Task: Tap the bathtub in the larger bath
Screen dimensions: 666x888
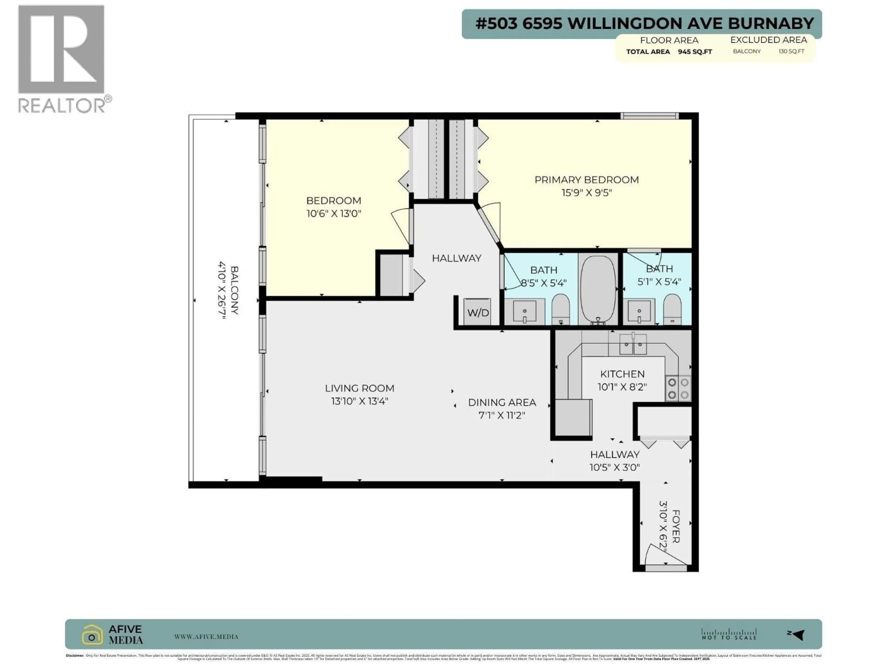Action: pyautogui.click(x=598, y=289)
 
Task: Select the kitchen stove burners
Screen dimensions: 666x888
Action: pyautogui.click(x=678, y=388)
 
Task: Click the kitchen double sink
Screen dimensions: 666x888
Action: pyautogui.click(x=633, y=344)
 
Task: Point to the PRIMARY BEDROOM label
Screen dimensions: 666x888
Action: pyautogui.click(x=586, y=180)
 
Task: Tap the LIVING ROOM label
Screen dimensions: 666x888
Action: pyautogui.click(x=359, y=388)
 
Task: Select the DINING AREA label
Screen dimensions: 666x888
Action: pyautogui.click(x=502, y=402)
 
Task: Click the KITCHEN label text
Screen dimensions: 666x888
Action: pyautogui.click(x=622, y=374)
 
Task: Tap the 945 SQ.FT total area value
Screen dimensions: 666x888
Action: pyautogui.click(x=695, y=52)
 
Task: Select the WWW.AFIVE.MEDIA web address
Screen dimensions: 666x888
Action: pyautogui.click(x=206, y=637)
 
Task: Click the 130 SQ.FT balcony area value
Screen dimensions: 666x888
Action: pyautogui.click(x=791, y=51)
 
